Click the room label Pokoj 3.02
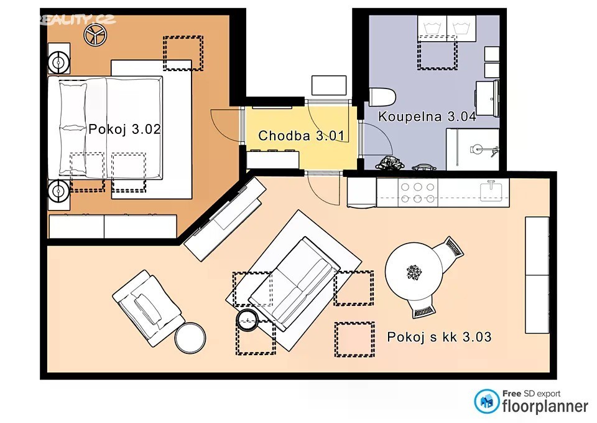[124, 130]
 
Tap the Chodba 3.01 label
[301, 135]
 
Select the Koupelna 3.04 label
[427, 116]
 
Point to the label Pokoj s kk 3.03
[439, 337]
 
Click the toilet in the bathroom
[382, 97]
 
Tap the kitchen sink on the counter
[494, 191]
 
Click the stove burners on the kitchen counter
[418, 192]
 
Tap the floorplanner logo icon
[486, 401]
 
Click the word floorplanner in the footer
[545, 406]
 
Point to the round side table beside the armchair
[190, 338]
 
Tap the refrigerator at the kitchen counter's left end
[362, 192]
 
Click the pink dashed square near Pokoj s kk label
[354, 339]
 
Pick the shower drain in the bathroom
[476, 149]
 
